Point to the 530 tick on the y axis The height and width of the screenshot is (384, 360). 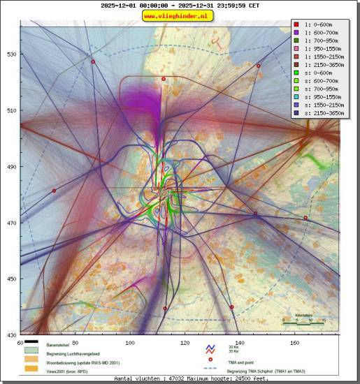pos(12,54)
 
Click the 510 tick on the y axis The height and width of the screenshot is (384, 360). pos(12,110)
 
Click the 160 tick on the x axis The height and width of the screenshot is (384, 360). pos(294,343)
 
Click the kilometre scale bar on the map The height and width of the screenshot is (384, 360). pos(303,323)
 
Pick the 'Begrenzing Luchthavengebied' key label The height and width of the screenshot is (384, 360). pos(73,354)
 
